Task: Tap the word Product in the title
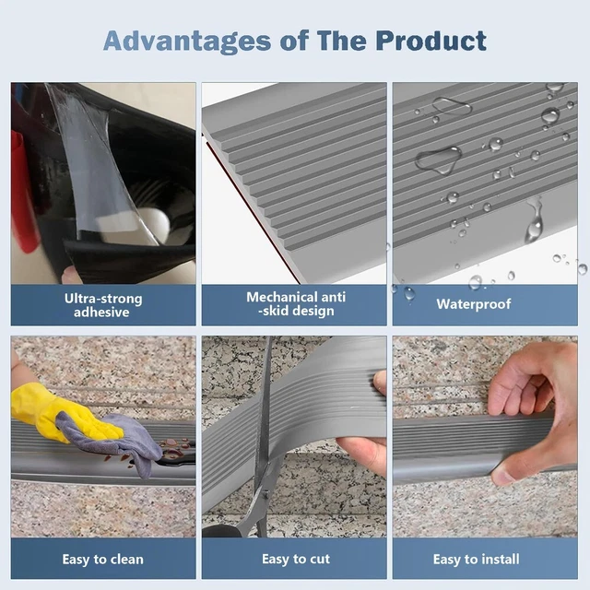tap(431, 41)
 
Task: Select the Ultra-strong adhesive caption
tap(103, 305)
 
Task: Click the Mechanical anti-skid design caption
tap(294, 304)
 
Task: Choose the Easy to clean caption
tap(103, 560)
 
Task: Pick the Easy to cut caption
tap(294, 560)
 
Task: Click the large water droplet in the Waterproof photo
tap(438, 160)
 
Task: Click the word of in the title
tap(287, 41)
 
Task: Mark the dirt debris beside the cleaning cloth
tap(171, 450)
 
